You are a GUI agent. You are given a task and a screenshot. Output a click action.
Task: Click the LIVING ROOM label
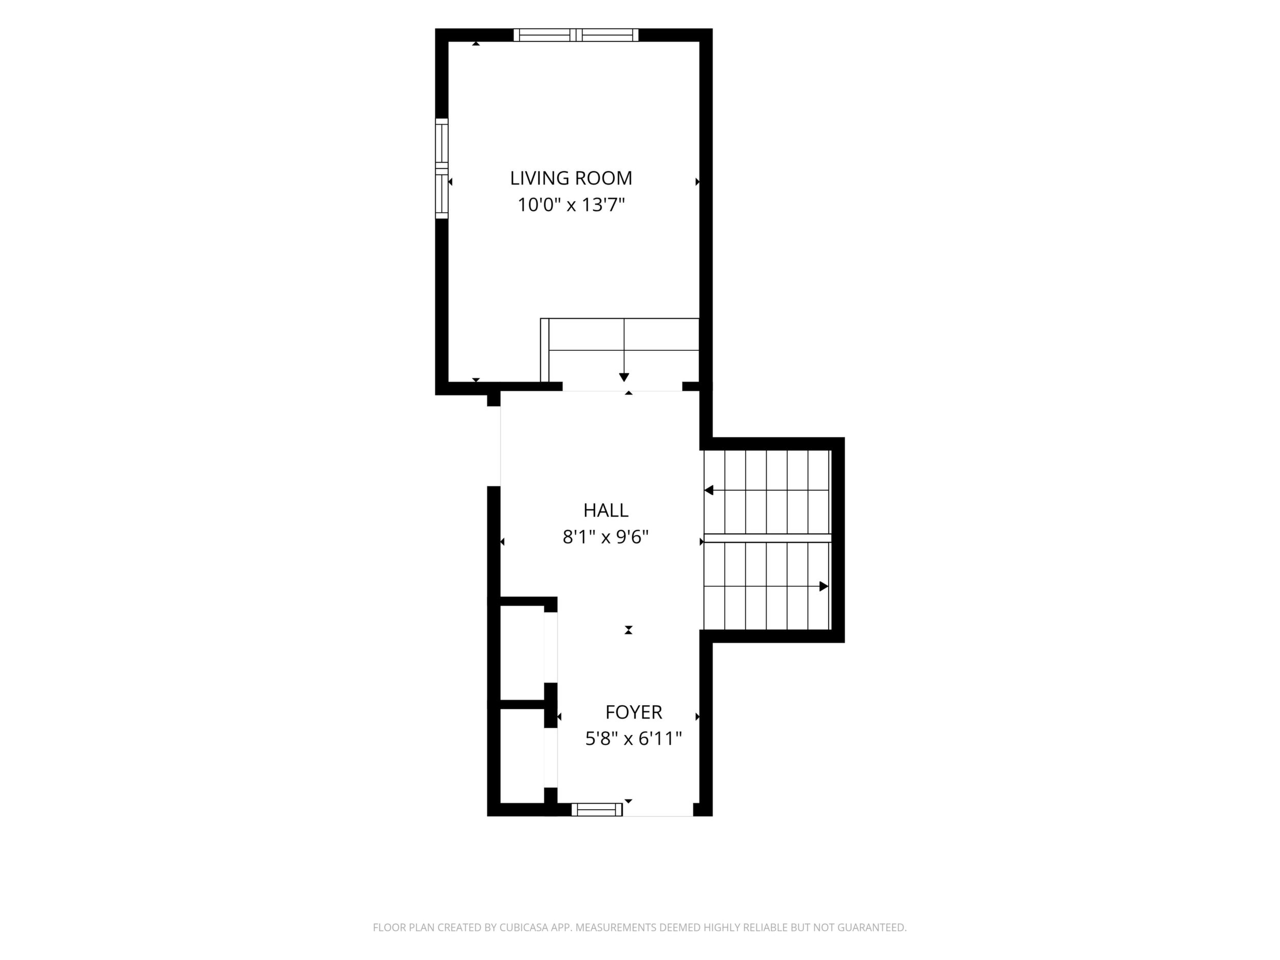pos(571,178)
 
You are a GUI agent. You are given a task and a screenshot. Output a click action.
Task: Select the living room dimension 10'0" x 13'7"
pos(571,205)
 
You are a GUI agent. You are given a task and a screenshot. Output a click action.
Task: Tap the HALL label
pos(605,510)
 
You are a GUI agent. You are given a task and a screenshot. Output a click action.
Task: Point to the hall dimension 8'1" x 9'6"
pos(605,537)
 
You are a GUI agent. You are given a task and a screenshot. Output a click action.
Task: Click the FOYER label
pos(634,712)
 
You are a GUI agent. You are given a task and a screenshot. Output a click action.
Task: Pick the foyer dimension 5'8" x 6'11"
pos(634,739)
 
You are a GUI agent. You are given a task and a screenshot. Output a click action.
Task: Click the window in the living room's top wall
pos(576,35)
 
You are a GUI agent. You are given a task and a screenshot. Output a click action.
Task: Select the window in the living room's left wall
pos(442,168)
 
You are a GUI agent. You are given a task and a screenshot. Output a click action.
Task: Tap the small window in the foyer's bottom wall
pos(596,810)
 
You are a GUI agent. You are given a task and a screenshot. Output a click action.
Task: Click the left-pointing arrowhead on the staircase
pos(708,491)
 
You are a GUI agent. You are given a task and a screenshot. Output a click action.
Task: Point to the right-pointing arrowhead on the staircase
pos(824,586)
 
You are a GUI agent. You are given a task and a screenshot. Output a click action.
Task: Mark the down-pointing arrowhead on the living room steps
pos(624,377)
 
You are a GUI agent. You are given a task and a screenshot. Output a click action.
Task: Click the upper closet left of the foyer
pos(522,653)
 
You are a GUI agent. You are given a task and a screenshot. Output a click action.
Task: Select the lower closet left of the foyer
pos(522,756)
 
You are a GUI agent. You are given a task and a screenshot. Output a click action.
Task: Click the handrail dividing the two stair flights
pos(767,538)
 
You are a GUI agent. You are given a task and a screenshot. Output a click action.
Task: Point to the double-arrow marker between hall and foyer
pos(628,630)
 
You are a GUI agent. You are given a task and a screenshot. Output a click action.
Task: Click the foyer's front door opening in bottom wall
pos(658,810)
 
